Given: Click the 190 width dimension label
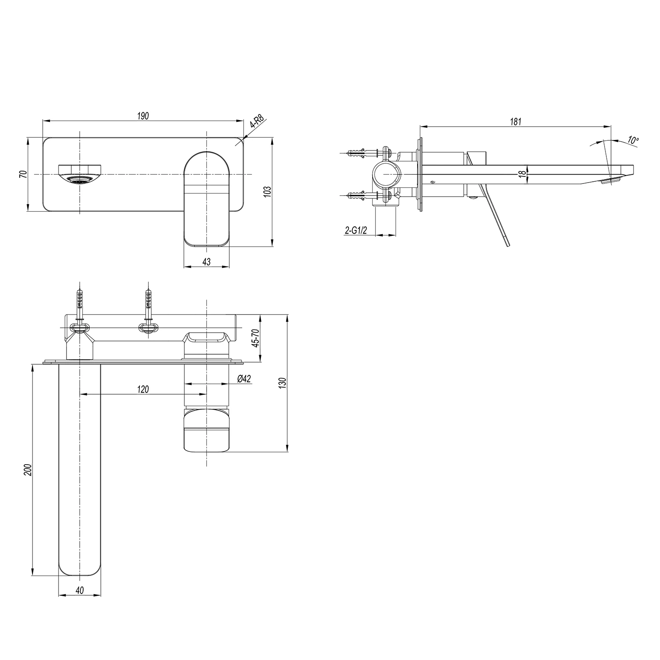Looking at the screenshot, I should click(x=143, y=116).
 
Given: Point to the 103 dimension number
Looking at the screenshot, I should click(x=268, y=191).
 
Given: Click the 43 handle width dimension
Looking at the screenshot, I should click(x=206, y=262).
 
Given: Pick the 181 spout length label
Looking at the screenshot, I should click(x=516, y=121).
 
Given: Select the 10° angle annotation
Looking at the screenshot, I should click(x=633, y=140).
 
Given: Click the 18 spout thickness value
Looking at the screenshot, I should click(x=522, y=174).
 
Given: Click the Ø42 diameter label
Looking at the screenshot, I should click(x=244, y=378).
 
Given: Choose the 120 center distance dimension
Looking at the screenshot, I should click(x=143, y=389).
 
